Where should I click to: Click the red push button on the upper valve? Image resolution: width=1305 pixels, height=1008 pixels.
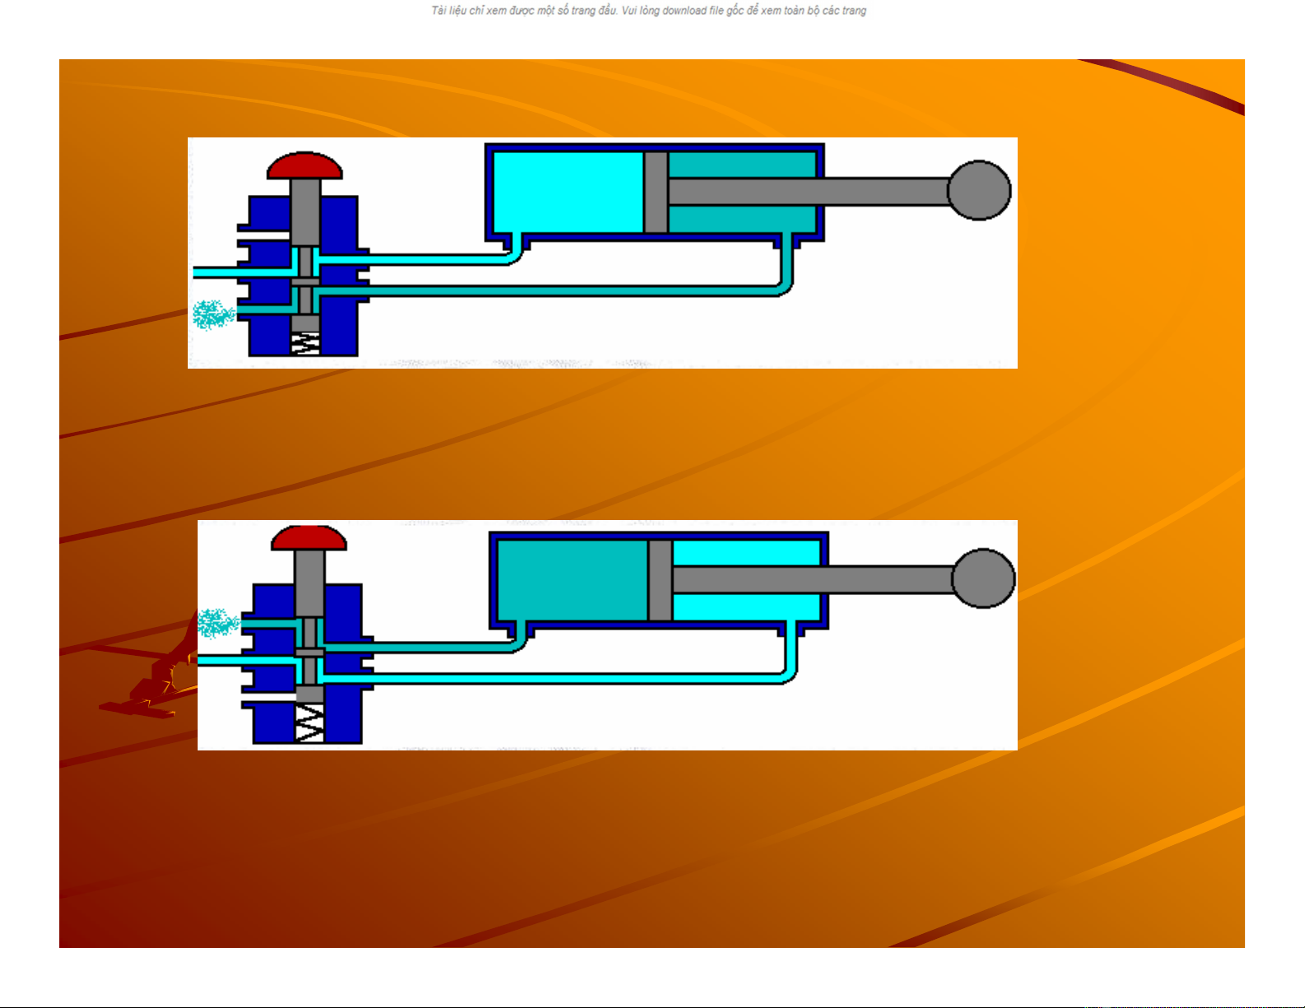305,165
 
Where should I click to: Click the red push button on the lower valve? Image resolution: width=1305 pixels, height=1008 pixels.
309,538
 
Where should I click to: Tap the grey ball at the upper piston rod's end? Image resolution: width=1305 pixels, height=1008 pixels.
979,190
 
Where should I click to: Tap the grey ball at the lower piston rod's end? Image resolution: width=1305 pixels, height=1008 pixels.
983,578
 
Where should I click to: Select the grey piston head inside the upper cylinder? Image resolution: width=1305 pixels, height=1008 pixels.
656,192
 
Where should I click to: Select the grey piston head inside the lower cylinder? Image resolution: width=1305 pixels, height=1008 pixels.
660,580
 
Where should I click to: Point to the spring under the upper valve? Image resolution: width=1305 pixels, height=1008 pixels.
305,343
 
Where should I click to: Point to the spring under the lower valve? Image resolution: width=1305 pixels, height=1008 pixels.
310,723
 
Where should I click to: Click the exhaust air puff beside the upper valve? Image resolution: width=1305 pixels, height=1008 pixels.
213,315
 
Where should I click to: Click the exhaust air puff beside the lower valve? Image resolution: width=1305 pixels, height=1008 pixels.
218,622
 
